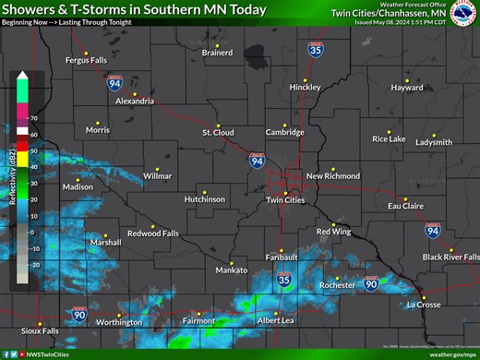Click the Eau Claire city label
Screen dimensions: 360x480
click(x=404, y=205)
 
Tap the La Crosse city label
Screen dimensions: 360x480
click(x=424, y=305)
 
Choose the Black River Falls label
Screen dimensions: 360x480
click(x=450, y=257)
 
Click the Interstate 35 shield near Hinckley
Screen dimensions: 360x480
click(x=316, y=52)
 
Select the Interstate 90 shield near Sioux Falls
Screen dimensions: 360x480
click(x=80, y=315)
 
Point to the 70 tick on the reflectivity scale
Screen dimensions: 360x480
click(x=34, y=119)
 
